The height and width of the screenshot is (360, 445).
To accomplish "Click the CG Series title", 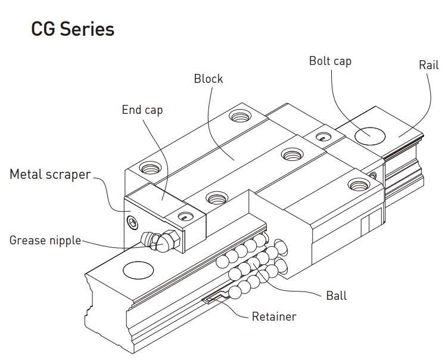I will point(73,29).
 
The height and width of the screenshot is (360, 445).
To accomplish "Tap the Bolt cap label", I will point(329,61).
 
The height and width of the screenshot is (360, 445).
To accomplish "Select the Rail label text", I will point(428,64).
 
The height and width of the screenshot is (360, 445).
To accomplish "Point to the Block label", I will point(208,79).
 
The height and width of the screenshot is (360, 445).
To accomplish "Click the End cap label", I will point(142,110).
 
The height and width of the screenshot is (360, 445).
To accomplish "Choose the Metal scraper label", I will point(50,175).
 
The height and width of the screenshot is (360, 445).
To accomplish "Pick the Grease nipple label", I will point(45,241).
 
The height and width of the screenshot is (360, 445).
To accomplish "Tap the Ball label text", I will point(336,295).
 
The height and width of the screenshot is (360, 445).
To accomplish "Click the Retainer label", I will point(273,316).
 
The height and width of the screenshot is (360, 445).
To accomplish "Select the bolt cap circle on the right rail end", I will point(369,135).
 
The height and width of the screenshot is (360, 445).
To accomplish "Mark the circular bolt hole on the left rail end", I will point(138,270).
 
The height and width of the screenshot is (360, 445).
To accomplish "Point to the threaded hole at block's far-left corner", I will point(149,169).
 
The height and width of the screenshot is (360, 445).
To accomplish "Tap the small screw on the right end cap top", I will point(322,138).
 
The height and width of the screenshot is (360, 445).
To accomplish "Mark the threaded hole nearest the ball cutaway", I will point(214,197).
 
